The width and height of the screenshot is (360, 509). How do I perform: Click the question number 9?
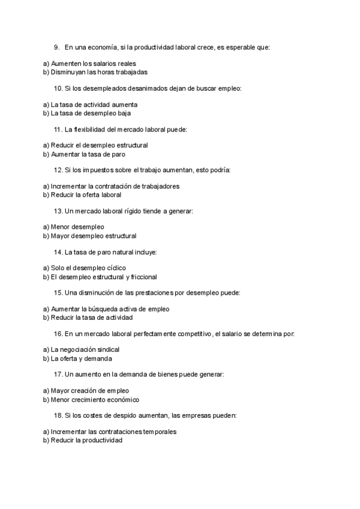click(x=56, y=46)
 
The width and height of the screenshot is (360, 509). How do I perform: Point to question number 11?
click(x=58, y=129)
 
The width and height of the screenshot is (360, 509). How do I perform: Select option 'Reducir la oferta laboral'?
click(x=86, y=194)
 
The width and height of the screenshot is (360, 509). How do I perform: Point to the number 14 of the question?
click(x=58, y=252)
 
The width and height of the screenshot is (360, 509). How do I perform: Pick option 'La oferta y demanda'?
click(x=81, y=358)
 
